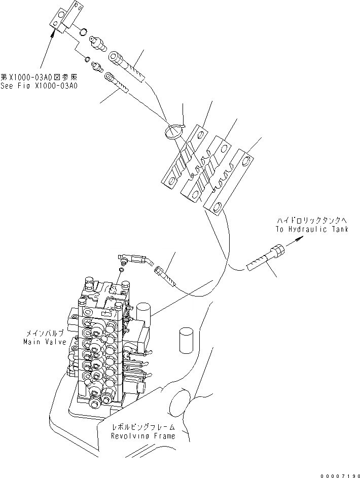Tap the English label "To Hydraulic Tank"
312,229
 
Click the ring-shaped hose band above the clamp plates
174,131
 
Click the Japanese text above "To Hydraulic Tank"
311,220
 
